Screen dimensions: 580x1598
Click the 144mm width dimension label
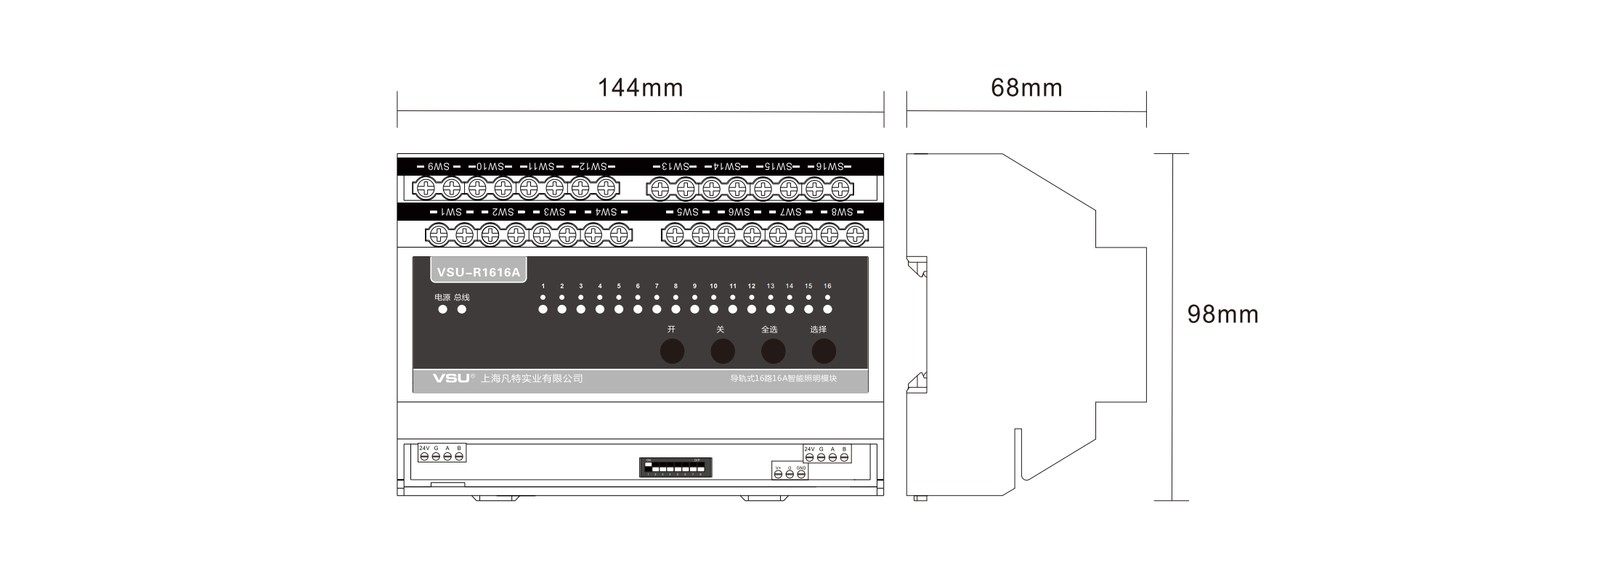[x=640, y=88]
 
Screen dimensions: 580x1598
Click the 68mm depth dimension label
[x=1026, y=88]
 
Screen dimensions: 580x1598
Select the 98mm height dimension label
[x=1222, y=314]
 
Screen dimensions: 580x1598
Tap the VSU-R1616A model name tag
[x=479, y=272]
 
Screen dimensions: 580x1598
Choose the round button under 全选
[x=773, y=351]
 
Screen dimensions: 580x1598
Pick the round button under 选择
[x=824, y=351]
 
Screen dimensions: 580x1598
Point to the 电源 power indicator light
[x=442, y=309]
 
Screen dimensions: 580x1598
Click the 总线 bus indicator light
[x=461, y=309]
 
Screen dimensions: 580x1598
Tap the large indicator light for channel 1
[x=543, y=309]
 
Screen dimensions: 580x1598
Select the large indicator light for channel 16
[x=827, y=309]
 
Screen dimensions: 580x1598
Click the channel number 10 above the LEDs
[x=713, y=286]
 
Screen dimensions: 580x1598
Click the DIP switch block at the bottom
[x=676, y=467]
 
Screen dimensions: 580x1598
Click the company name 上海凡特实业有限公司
[x=532, y=378]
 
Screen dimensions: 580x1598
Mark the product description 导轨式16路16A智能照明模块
[x=783, y=378]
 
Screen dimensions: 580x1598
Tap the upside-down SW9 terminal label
[x=439, y=167]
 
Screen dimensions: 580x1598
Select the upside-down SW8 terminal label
[x=842, y=212]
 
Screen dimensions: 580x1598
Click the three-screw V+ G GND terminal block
[x=790, y=472]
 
